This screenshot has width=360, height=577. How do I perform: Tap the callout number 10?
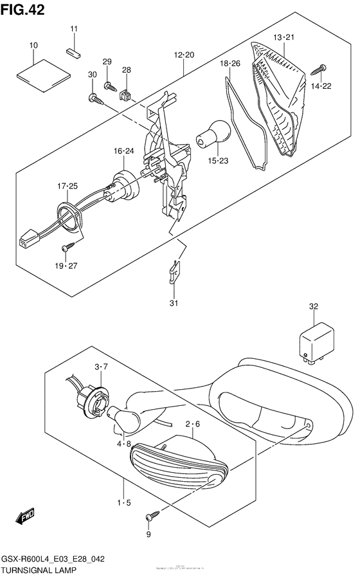click(33, 45)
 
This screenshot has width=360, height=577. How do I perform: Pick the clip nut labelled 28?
click(126, 94)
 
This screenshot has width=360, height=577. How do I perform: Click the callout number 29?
click(107, 62)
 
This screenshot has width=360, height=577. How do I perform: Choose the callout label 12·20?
click(183, 55)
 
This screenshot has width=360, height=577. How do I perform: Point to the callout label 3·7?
click(101, 366)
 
